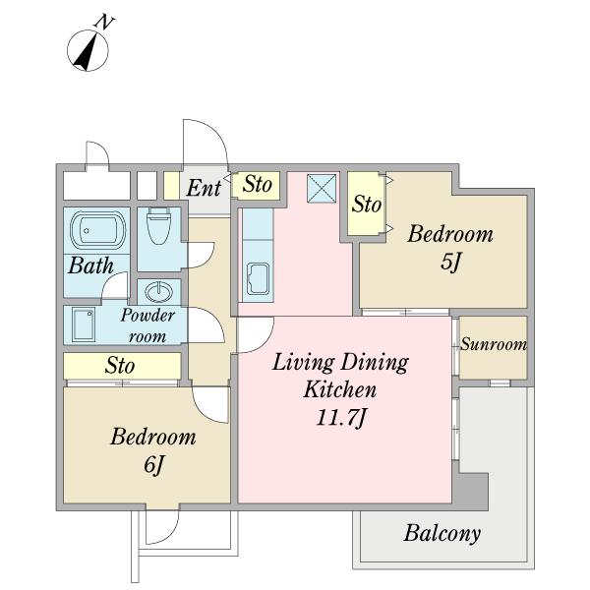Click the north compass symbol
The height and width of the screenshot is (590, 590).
(88, 50)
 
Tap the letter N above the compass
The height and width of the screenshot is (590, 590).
(104, 23)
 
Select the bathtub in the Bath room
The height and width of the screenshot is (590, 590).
(97, 230)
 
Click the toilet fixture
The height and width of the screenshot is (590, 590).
(158, 225)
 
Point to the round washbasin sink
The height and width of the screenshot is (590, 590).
(159, 292)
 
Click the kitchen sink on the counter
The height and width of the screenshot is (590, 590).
(258, 279)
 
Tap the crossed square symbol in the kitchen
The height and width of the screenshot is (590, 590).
(322, 188)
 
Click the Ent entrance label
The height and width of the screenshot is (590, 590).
(204, 188)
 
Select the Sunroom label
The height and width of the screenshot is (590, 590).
(494, 344)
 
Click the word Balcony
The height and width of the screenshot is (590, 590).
(442, 533)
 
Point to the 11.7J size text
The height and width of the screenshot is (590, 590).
(340, 418)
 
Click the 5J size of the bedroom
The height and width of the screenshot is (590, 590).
(450, 262)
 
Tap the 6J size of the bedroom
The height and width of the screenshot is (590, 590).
(153, 465)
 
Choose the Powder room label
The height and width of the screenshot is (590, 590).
(147, 325)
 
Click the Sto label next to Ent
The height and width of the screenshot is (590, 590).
(257, 185)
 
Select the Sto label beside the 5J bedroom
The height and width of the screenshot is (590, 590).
(367, 205)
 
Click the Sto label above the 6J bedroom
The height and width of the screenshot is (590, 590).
(120, 366)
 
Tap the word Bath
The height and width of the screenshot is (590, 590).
(90, 265)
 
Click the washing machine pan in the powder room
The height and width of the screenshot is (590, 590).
(84, 324)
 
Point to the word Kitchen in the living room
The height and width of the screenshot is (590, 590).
(340, 389)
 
